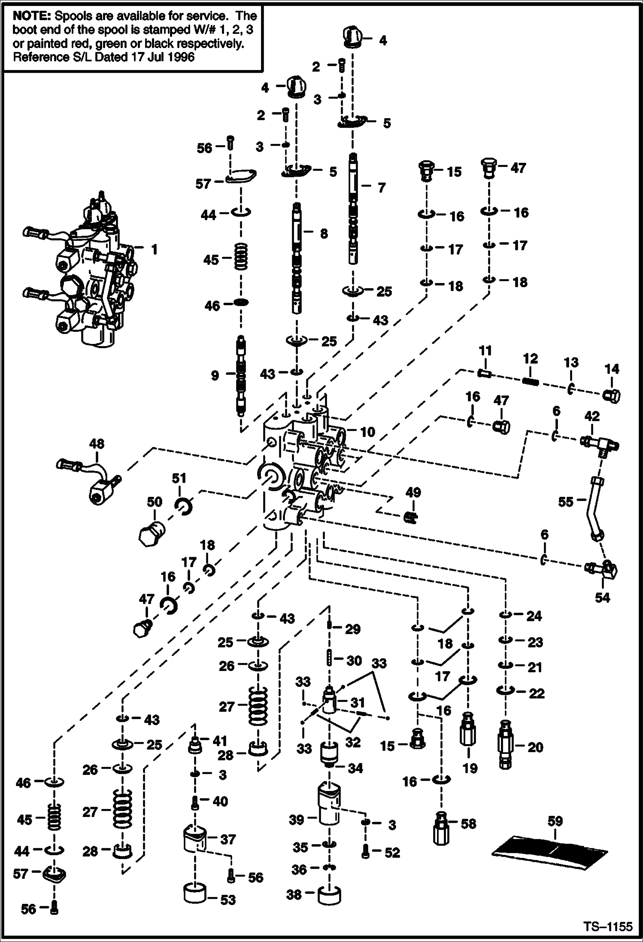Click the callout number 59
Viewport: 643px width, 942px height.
click(555, 821)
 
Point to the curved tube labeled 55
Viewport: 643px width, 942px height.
click(595, 507)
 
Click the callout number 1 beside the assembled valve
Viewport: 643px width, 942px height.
click(154, 249)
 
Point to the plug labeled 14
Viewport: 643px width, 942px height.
click(611, 395)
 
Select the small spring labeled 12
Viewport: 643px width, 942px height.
click(530, 380)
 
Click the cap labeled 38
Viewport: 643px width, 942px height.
click(329, 895)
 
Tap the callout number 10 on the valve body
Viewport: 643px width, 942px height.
click(367, 431)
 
